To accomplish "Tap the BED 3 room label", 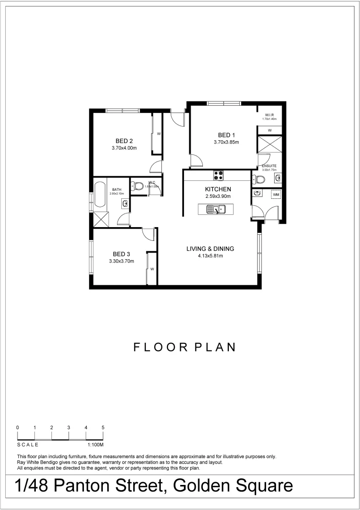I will click(x=121, y=254).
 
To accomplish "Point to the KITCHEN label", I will click(x=218, y=189).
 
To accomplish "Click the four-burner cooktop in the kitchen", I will click(x=218, y=175).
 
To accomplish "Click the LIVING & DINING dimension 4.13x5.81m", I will click(x=210, y=256).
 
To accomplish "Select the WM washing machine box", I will click(x=276, y=194).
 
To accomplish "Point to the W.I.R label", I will click(x=269, y=115).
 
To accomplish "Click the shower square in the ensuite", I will click(x=269, y=145).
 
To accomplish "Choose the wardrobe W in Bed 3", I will click(x=152, y=269).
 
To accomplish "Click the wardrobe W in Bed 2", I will click(x=159, y=134).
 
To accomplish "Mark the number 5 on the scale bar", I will click(x=103, y=427).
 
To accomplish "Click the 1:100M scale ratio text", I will click(x=95, y=445).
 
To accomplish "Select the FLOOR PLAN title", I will click(x=184, y=348).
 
